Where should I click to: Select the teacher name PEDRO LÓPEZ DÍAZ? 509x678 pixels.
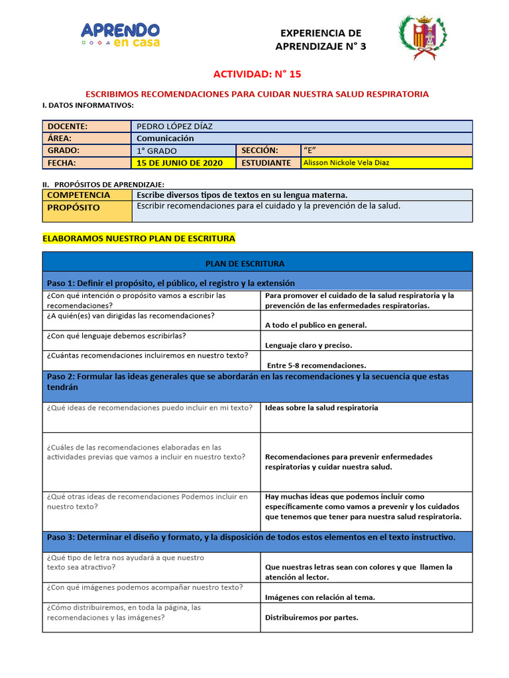[x=174, y=126]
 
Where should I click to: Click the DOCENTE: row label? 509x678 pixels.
[x=67, y=126]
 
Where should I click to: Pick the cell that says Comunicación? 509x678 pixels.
[x=165, y=138]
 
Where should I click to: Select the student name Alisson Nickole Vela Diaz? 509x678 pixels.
[x=347, y=162]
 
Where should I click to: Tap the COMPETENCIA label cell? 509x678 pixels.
[x=78, y=195]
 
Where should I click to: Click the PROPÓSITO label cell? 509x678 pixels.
[x=73, y=207]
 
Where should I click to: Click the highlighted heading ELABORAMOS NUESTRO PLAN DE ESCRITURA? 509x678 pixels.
[x=139, y=238]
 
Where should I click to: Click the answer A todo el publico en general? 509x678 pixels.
[x=315, y=325]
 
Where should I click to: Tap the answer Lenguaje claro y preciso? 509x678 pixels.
[x=308, y=345]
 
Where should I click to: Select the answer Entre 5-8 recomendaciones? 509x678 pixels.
[x=316, y=365]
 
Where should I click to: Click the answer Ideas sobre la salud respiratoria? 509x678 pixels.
[x=321, y=408]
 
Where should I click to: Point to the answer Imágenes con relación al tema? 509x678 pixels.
[x=319, y=597]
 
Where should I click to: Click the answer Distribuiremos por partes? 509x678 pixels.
[x=311, y=618]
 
